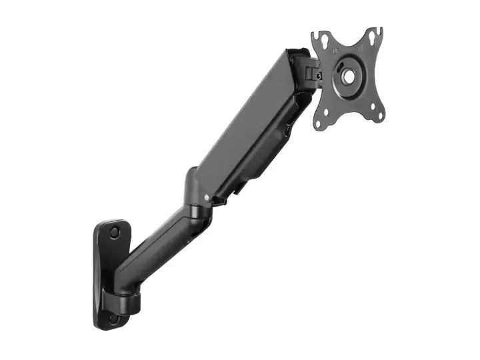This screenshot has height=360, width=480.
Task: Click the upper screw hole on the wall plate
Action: pos(114,233)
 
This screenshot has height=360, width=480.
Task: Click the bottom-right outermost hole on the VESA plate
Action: pos(379,117)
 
